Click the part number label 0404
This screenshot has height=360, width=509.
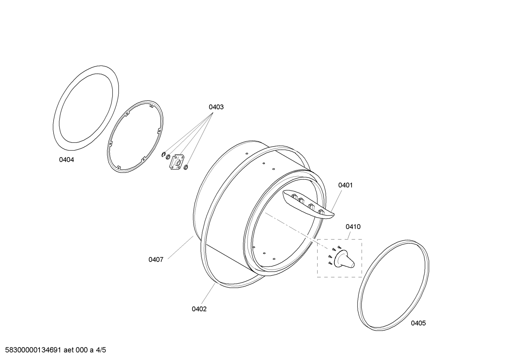pos(66,160)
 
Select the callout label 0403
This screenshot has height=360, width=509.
pos(216,107)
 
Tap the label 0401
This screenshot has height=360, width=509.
pos(345,185)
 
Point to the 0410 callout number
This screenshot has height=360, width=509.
pos(353,226)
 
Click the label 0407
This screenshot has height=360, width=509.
pos(156,259)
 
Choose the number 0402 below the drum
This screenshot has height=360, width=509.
pos(199,309)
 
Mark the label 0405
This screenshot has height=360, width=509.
pos(418,323)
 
